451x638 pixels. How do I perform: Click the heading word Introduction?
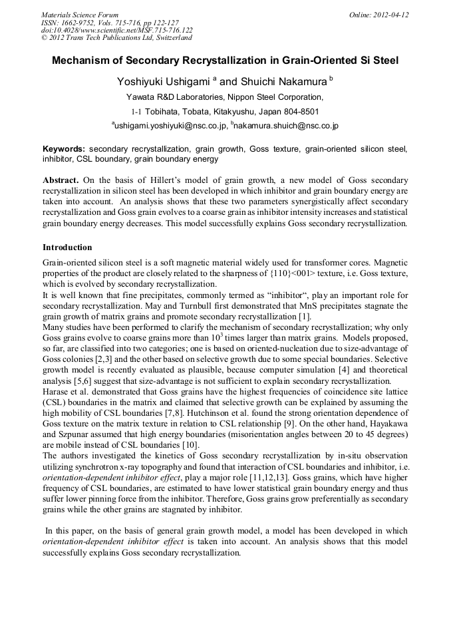click(67, 247)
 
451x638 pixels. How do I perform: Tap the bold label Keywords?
click(64, 149)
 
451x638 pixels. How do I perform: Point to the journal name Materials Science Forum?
click(80, 15)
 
